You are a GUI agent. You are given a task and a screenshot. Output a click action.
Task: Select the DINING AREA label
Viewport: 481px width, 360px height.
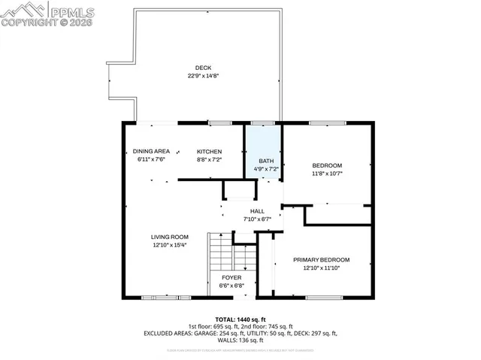(151, 151)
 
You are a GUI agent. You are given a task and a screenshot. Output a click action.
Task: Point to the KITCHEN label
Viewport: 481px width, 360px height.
(210, 151)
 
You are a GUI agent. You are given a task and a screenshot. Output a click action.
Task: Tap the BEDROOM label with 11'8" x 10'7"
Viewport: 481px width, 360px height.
(327, 165)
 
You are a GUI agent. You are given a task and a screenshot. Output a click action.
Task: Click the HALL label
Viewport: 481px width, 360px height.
(258, 211)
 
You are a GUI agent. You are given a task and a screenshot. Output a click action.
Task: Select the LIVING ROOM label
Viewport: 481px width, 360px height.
(169, 236)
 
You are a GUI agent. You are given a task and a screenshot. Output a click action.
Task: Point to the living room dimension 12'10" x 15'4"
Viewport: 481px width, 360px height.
(169, 245)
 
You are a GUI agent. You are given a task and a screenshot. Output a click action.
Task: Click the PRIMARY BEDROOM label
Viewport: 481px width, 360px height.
(327, 259)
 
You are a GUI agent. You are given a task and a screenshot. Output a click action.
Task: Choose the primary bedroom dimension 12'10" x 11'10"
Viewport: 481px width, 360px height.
(327, 268)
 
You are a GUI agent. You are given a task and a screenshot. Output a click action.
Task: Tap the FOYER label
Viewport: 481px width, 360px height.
(231, 277)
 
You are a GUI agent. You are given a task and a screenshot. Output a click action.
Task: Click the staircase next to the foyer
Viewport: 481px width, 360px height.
(221, 256)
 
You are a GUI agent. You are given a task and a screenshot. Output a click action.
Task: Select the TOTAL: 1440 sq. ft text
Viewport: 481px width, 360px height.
(240, 319)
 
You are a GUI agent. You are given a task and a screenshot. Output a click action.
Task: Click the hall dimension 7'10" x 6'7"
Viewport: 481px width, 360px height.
(258, 219)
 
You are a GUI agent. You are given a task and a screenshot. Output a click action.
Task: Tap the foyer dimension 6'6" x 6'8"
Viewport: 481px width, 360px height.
(231, 286)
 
